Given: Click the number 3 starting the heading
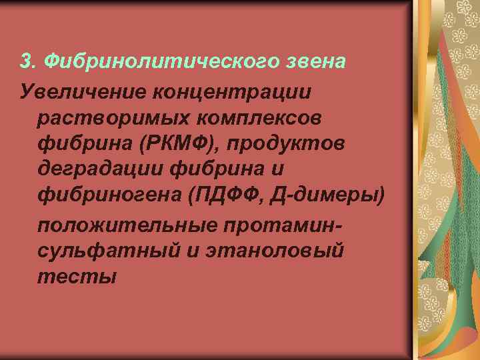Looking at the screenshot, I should (26, 61).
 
